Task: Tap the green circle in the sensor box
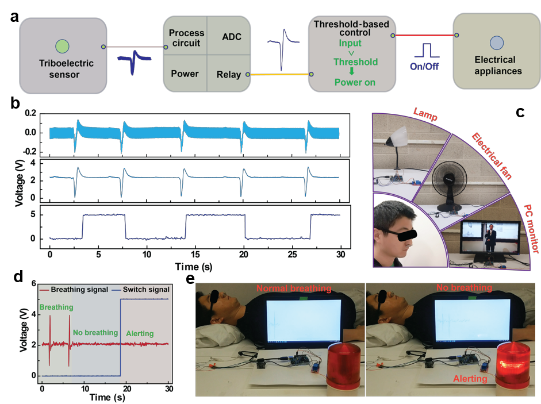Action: [62, 46]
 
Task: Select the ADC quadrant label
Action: [231, 37]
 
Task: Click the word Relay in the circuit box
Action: [229, 74]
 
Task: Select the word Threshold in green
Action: [355, 61]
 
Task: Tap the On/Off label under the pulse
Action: [424, 66]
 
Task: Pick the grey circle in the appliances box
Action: [497, 43]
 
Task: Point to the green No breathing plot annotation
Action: [95, 332]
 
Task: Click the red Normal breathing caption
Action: [293, 288]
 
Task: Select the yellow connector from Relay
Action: [279, 74]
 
